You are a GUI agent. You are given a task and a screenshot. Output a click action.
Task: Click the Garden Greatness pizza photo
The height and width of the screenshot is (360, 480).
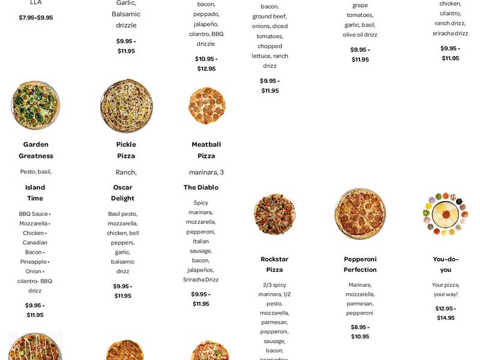35,106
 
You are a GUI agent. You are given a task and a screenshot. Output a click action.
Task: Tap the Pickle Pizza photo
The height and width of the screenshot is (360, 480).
126,106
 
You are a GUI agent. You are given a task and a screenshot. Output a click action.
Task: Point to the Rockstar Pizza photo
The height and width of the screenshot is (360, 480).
274,214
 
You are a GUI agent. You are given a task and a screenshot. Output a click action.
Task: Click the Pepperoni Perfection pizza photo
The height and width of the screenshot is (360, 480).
360,214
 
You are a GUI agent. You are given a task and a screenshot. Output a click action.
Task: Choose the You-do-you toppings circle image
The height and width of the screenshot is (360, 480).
445,214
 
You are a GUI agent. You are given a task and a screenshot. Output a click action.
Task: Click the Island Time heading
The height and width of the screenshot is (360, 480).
35,193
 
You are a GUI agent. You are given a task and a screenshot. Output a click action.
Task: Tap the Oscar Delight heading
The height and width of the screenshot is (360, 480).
122,193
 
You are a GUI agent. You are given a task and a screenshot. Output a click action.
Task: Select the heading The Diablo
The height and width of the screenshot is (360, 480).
201,188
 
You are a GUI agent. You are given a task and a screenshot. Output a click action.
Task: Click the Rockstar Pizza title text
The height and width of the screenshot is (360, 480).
274,265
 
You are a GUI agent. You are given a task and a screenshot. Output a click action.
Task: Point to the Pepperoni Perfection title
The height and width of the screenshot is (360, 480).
360,265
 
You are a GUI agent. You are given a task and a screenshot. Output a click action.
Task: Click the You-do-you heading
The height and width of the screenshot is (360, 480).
445,265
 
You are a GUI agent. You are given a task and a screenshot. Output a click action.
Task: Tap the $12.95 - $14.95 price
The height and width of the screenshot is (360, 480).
445,313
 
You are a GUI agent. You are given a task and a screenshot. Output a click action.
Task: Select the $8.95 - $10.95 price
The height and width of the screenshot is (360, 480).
360,332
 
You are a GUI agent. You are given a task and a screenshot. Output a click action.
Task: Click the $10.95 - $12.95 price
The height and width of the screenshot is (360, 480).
206,64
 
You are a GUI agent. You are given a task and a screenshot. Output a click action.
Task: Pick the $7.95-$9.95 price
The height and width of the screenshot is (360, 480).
35,17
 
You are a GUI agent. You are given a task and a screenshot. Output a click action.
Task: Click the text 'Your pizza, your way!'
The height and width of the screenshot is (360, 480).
445,289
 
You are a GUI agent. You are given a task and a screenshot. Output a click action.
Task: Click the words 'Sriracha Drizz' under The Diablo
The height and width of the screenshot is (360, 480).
202,280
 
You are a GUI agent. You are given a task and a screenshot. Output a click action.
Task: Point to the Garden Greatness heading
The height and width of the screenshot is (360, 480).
35,150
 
